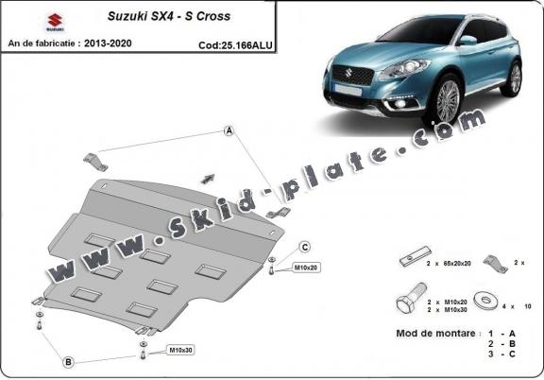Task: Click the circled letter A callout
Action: [229, 131]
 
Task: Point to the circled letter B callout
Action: [68, 361]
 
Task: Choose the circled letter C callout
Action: [305, 247]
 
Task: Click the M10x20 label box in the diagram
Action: [306, 268]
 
